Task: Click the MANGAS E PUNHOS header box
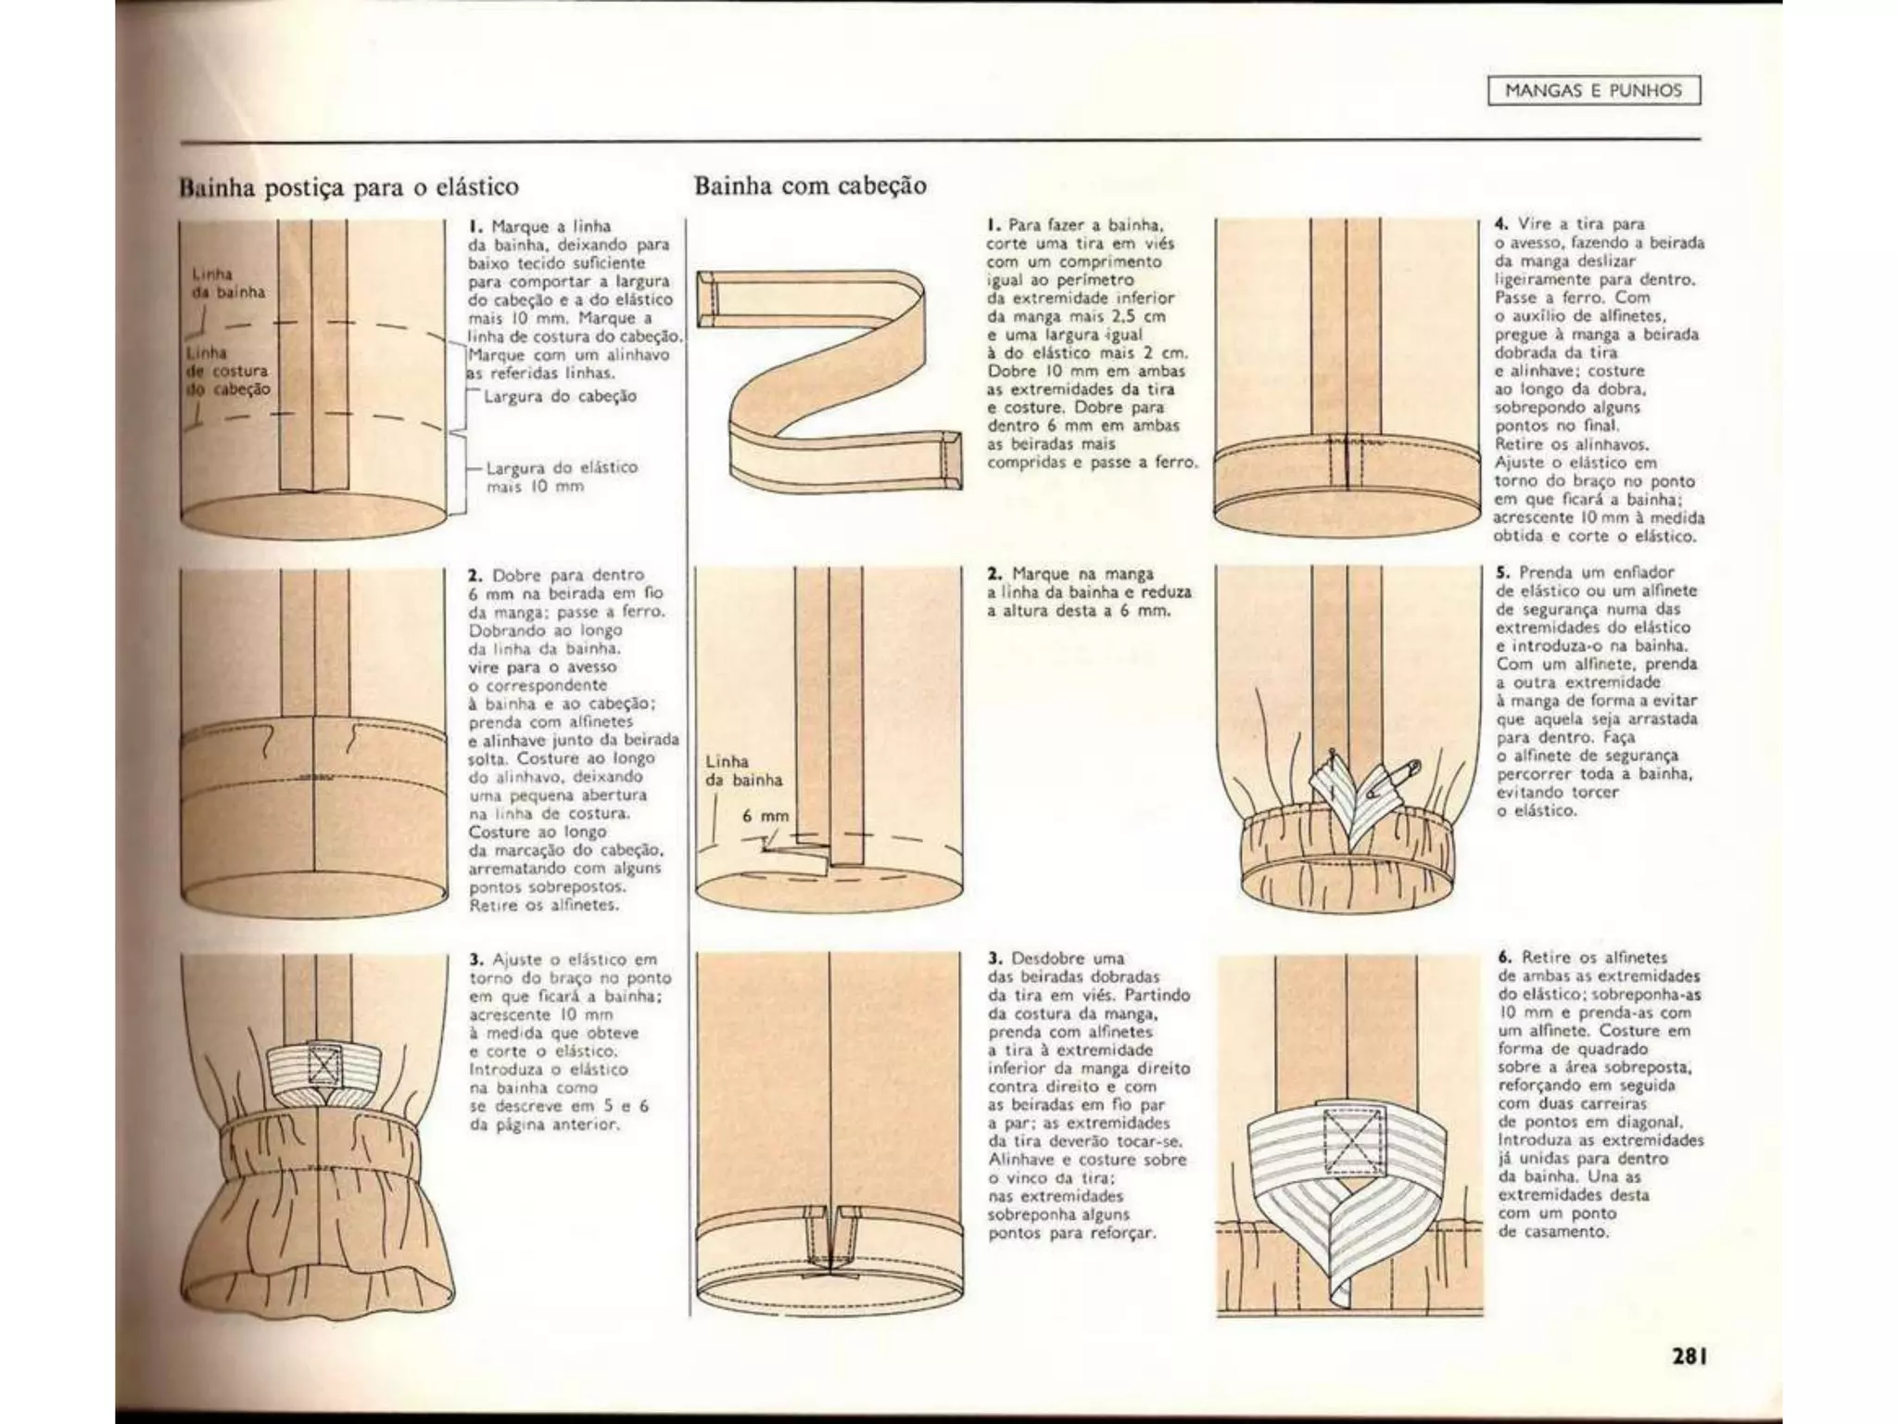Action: pyautogui.click(x=1593, y=91)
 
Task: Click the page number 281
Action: pyautogui.click(x=1689, y=1355)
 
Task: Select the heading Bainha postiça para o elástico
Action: pyautogui.click(x=348, y=187)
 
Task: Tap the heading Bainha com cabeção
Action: pyautogui.click(x=810, y=185)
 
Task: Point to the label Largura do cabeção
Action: pyautogui.click(x=560, y=397)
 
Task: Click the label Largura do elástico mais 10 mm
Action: pyautogui.click(x=562, y=477)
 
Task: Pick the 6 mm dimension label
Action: pyautogui.click(x=766, y=816)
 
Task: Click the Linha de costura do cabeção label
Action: pyautogui.click(x=228, y=371)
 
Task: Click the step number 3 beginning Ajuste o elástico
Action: pyautogui.click(x=475, y=960)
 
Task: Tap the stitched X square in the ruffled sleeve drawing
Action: pyautogui.click(x=322, y=1065)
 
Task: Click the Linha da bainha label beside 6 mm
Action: pyautogui.click(x=743, y=770)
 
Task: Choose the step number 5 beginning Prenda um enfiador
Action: pyautogui.click(x=1501, y=573)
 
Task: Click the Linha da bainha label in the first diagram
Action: pyautogui.click(x=228, y=283)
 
